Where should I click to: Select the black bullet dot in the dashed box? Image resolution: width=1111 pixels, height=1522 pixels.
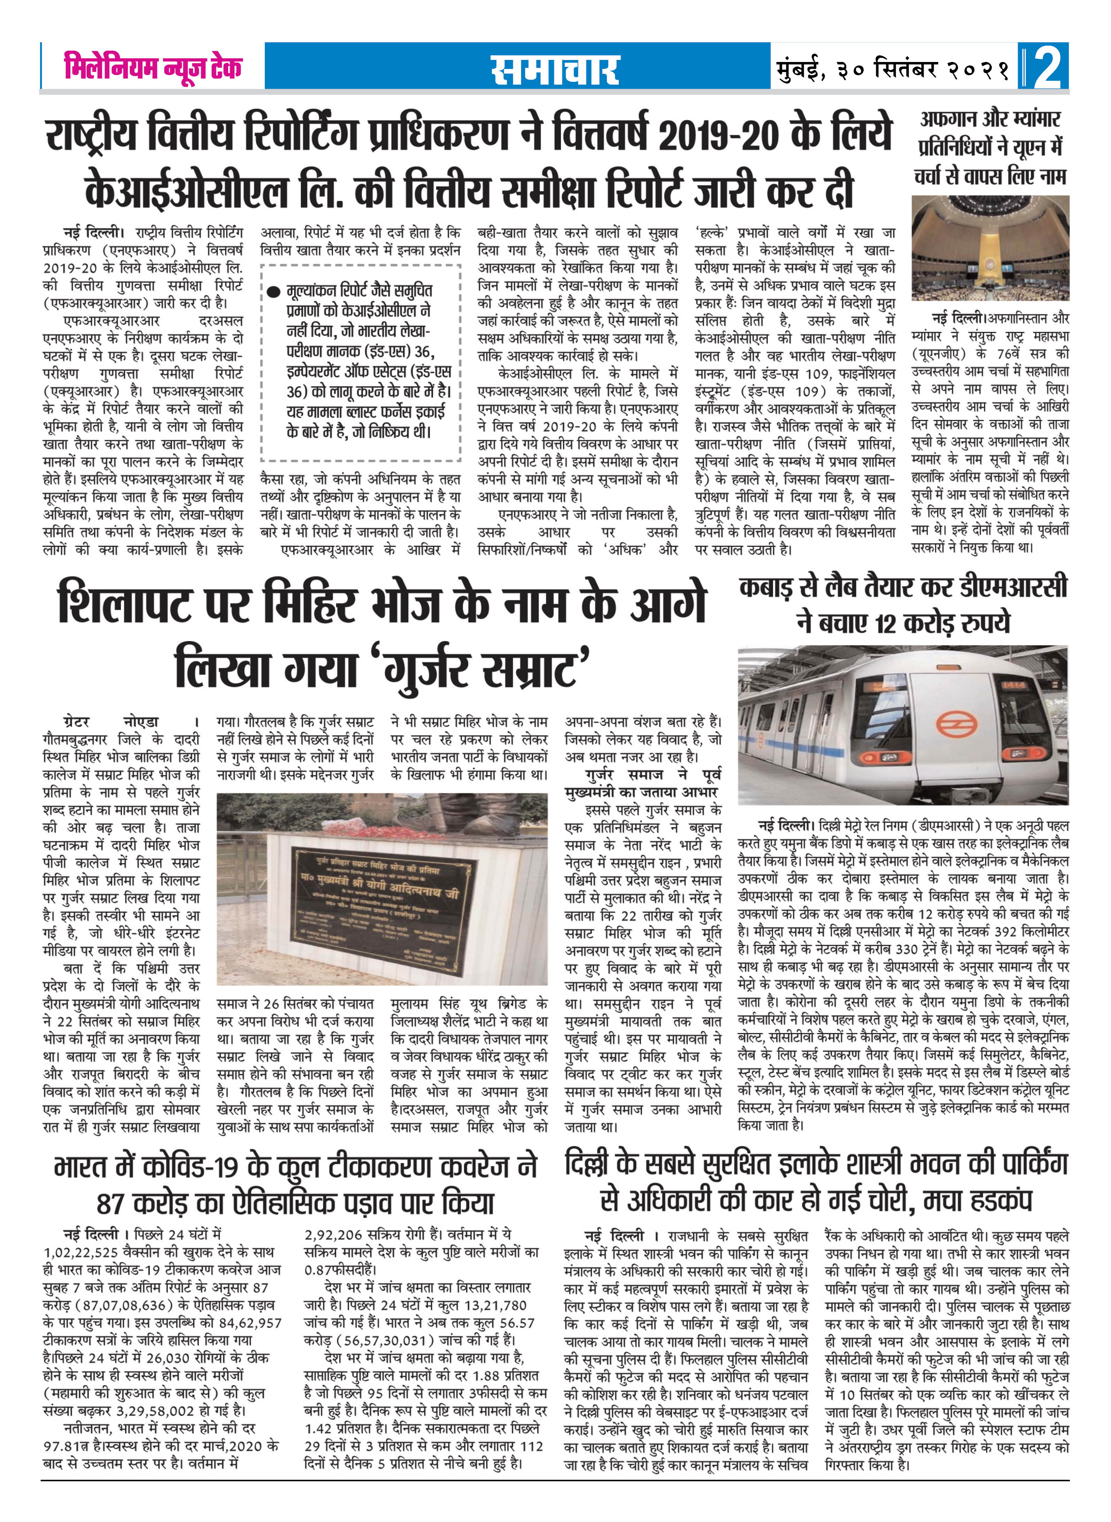(273, 292)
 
